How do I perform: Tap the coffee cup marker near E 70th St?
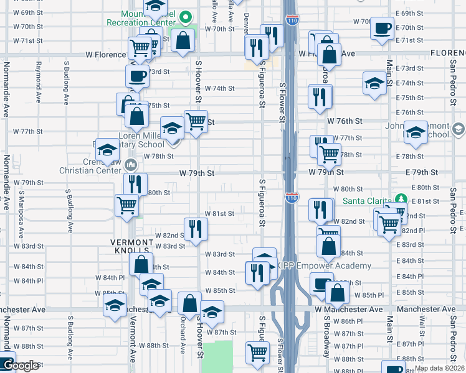(x=382, y=28)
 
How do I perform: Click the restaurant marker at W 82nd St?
(x=196, y=229)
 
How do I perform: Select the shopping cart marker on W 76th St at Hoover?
(x=196, y=121)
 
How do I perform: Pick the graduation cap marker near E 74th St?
(x=375, y=84)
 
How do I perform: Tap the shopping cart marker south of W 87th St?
(x=257, y=352)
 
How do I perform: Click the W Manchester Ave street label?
(x=349, y=309)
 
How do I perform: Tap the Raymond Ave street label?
(x=39, y=81)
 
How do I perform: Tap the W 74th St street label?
(x=219, y=88)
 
